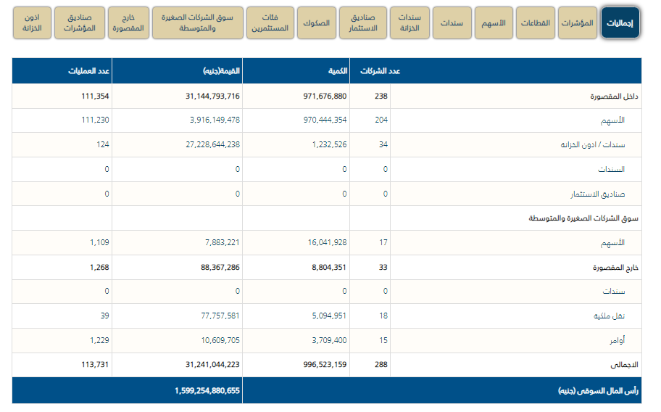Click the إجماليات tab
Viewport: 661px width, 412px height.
pyautogui.click(x=620, y=23)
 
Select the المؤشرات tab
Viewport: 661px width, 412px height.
pyautogui.click(x=578, y=23)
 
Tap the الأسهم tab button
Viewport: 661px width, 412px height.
pyautogui.click(x=494, y=23)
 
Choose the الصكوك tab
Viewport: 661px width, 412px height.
pyautogui.click(x=317, y=23)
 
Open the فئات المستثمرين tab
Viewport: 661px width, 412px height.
pyautogui.click(x=270, y=23)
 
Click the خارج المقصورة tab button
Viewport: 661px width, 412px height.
pyautogui.click(x=128, y=23)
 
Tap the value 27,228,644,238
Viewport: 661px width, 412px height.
pyautogui.click(x=202, y=145)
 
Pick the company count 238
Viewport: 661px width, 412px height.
pyautogui.click(x=381, y=96)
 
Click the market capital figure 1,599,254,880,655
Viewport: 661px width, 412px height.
pyautogui.click(x=207, y=390)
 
